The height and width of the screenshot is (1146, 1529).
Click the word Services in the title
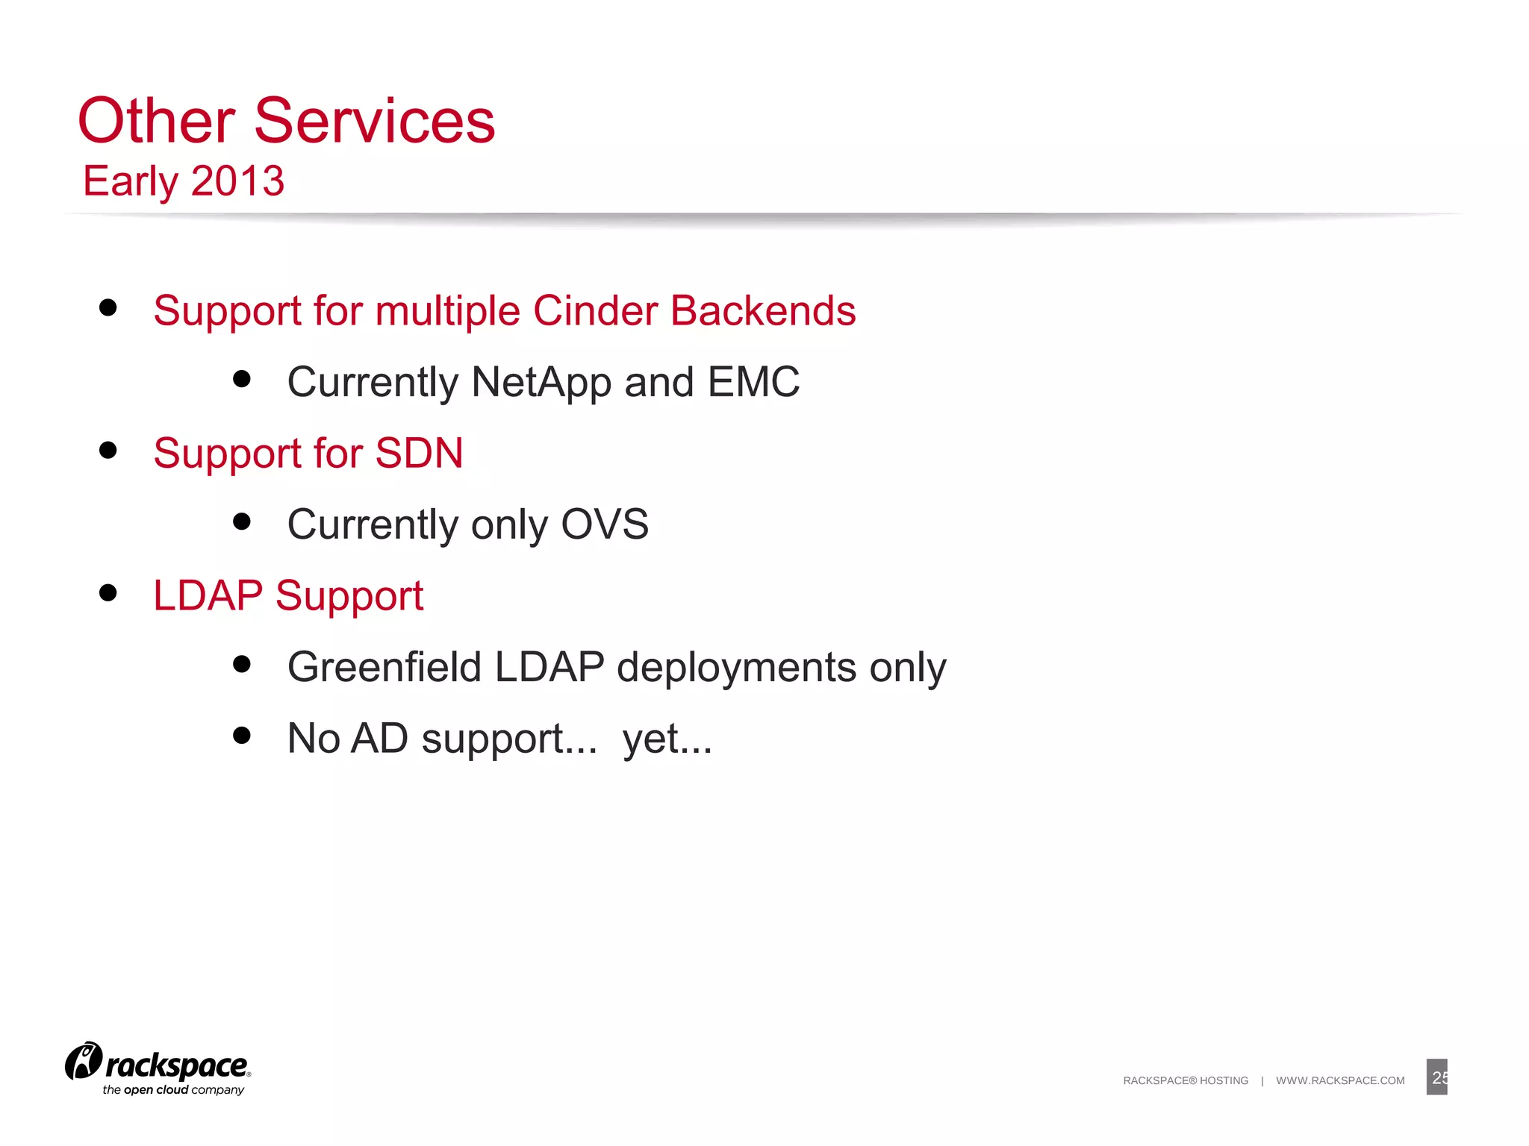[x=374, y=121]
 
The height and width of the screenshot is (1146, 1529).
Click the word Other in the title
[x=157, y=121]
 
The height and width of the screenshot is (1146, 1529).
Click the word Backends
[x=762, y=310]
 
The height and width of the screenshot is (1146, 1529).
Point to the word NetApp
[x=541, y=382]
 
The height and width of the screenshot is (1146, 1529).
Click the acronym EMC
[x=753, y=382]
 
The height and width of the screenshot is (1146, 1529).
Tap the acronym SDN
[x=419, y=453]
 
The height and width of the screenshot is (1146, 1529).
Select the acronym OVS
[x=604, y=525]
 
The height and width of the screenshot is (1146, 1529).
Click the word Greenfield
[x=384, y=667]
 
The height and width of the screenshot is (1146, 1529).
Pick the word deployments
[x=736, y=667]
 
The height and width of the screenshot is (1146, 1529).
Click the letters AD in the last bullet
[x=379, y=739]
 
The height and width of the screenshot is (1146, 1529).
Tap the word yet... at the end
[x=667, y=739]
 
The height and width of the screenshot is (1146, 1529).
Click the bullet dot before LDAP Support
[x=108, y=593]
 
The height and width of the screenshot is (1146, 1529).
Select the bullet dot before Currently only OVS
[x=241, y=522]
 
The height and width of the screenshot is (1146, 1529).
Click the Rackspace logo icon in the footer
[x=83, y=1061]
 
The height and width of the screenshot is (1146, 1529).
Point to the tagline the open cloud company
[x=173, y=1090]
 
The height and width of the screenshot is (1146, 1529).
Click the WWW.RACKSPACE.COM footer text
[x=1340, y=1080]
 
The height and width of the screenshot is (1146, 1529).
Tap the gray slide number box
[x=1436, y=1077]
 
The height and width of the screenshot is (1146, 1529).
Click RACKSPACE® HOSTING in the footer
[x=1186, y=1080]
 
